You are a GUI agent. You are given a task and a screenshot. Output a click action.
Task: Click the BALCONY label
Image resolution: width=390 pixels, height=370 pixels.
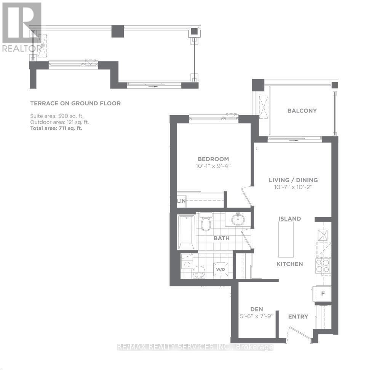pyautogui.click(x=302, y=111)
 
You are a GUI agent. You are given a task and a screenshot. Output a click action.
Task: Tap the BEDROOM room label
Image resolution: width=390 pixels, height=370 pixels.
pyautogui.click(x=213, y=159)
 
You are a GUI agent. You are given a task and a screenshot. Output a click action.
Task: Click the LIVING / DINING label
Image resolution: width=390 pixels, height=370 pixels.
pyautogui.click(x=293, y=180)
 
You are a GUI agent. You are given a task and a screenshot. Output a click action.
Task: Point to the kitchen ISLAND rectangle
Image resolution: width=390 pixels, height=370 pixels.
pyautogui.click(x=286, y=240)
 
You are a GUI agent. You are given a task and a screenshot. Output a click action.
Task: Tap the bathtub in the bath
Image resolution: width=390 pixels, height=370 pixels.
pyautogui.click(x=187, y=232)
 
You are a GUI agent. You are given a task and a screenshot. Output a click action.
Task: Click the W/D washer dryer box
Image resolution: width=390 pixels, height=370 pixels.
pyautogui.click(x=221, y=269)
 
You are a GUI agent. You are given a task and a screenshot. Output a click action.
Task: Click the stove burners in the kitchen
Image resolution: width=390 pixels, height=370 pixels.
pyautogui.click(x=323, y=265)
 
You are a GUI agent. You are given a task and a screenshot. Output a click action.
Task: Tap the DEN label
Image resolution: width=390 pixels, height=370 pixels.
pyautogui.click(x=257, y=309)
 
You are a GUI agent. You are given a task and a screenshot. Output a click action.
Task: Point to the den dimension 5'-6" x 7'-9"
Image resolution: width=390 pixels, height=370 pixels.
pyautogui.click(x=257, y=316)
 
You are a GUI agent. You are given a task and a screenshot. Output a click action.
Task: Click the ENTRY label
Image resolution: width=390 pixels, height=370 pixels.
pyautogui.click(x=298, y=316)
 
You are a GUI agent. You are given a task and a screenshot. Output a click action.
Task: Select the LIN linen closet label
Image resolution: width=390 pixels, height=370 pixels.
pyautogui.click(x=181, y=201)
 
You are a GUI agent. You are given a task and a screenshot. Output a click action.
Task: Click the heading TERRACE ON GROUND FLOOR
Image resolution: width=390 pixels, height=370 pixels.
pyautogui.click(x=75, y=103)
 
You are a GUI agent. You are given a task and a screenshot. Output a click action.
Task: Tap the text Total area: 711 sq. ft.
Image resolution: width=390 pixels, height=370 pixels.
pyautogui.click(x=56, y=129)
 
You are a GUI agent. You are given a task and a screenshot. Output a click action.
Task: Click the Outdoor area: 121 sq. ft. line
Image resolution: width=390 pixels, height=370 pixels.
pyautogui.click(x=59, y=122)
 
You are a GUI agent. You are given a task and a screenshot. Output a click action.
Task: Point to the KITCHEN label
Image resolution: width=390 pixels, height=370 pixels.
pyautogui.click(x=289, y=264)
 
